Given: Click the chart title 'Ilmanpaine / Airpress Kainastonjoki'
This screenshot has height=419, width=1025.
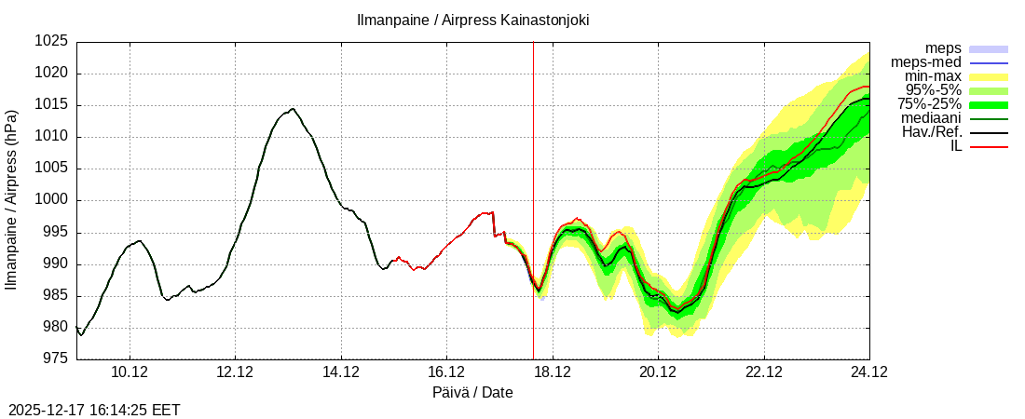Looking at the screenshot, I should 472,20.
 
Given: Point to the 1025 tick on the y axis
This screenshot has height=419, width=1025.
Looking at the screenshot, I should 52,42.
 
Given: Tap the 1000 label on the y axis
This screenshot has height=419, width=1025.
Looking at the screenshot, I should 52,200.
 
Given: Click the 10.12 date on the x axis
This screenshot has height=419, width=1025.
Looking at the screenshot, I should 130,372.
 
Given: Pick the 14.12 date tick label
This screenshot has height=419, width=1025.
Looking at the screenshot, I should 341,372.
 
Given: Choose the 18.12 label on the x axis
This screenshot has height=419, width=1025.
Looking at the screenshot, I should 553,372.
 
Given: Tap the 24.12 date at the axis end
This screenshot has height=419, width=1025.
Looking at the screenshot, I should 868,372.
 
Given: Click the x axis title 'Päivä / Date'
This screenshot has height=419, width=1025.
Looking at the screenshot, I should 472,392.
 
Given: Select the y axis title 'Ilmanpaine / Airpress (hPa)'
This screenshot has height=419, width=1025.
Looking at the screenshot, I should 12,200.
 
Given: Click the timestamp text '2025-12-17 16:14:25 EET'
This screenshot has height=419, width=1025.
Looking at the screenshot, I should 94,410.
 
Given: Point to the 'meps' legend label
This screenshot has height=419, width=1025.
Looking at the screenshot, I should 943,48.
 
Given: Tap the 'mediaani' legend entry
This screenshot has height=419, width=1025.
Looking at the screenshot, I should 931,118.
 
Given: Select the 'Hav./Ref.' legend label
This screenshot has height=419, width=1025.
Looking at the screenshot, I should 932,132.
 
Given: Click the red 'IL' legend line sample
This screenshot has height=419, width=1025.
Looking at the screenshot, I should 989,146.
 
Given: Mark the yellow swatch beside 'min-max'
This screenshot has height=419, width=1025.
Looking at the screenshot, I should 989,76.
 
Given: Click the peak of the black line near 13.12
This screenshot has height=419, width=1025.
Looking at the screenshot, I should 293,109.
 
